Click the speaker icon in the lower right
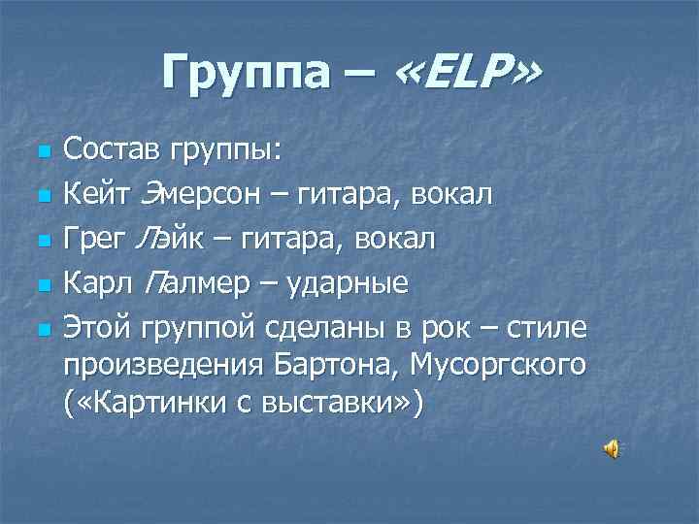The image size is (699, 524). [613, 448]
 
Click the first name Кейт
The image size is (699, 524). [92, 195]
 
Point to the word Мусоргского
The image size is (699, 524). [499, 366]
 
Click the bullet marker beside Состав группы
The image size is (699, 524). [41, 152]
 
